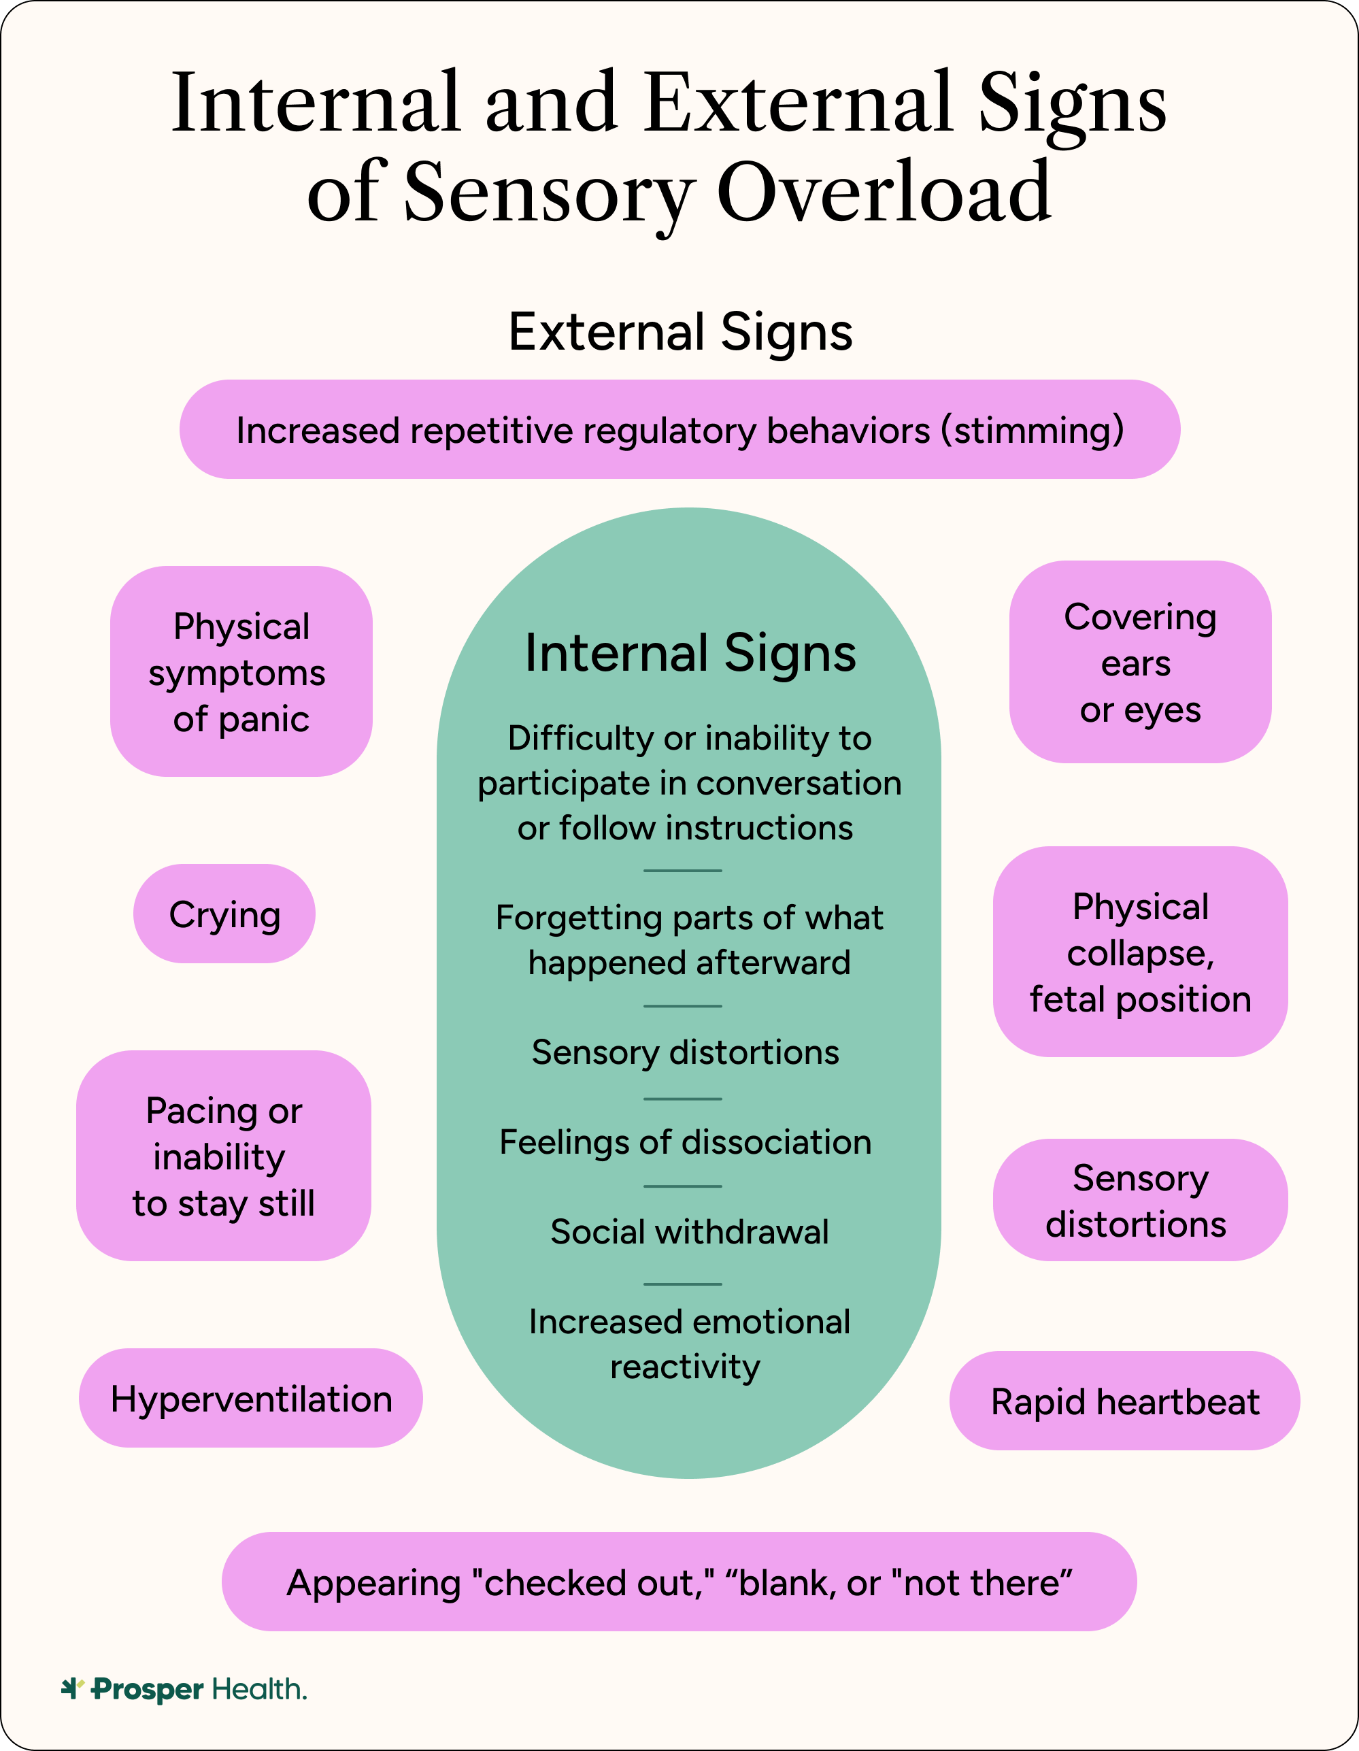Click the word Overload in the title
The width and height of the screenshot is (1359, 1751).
click(x=883, y=193)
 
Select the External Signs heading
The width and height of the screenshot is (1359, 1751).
click(x=680, y=332)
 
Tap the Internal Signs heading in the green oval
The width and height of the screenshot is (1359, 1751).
click(x=690, y=652)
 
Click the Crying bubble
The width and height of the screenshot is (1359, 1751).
click(x=224, y=914)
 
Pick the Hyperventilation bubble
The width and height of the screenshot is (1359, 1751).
click(x=251, y=1399)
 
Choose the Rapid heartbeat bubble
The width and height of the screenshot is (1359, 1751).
click(x=1125, y=1402)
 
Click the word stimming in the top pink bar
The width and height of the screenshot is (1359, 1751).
click(x=1033, y=431)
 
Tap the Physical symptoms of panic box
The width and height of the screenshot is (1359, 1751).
click(x=241, y=672)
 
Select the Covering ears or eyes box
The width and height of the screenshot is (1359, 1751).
click(x=1140, y=663)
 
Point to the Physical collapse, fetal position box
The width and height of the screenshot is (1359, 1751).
click(x=1140, y=952)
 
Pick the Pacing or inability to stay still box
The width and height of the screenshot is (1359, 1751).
click(x=224, y=1157)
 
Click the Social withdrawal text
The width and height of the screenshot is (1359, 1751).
click(x=690, y=1232)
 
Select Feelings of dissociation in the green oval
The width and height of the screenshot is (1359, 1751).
click(x=686, y=1142)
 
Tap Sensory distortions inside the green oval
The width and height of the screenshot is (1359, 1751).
click(x=686, y=1052)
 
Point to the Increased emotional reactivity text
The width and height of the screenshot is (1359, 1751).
click(x=690, y=1344)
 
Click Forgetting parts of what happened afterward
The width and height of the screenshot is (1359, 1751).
click(x=690, y=939)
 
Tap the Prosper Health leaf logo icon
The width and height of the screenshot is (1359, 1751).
click(x=72, y=1688)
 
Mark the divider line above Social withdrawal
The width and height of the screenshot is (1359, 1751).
click(x=683, y=1186)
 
